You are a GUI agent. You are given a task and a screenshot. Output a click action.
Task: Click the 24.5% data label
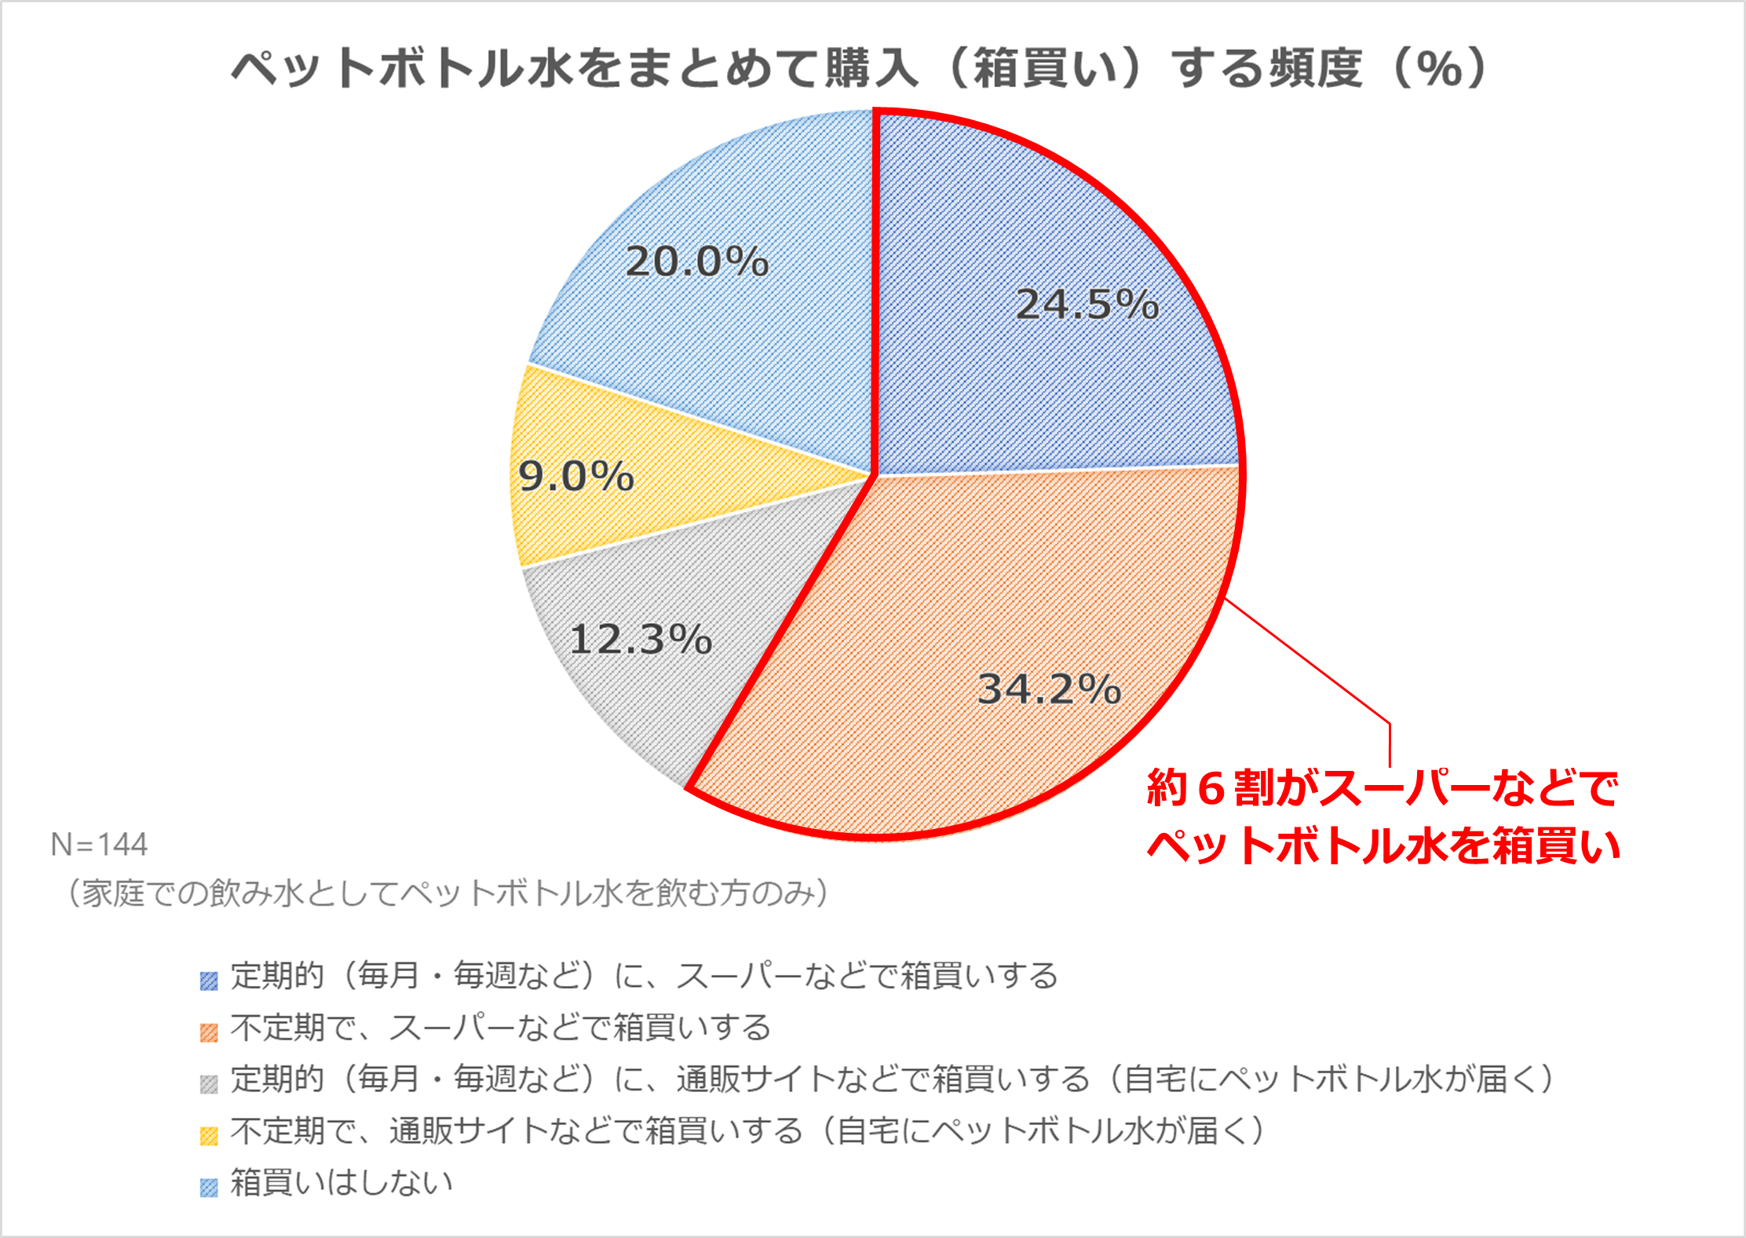click(1087, 304)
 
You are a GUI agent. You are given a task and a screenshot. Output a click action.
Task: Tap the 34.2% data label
click(1049, 688)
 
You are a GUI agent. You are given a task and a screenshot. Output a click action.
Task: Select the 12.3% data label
click(641, 638)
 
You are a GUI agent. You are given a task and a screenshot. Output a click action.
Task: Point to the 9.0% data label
click(576, 476)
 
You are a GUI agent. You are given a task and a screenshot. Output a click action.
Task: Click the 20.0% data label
click(697, 261)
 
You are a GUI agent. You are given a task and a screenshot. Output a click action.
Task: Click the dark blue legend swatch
click(209, 981)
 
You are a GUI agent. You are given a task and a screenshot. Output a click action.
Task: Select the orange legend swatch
click(209, 1032)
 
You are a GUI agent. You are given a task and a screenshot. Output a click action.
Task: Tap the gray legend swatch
click(209, 1084)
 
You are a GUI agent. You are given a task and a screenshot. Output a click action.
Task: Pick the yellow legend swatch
click(209, 1136)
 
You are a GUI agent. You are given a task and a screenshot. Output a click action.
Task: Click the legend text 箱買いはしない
click(342, 1182)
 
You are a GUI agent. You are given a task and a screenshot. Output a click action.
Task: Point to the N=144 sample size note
click(99, 845)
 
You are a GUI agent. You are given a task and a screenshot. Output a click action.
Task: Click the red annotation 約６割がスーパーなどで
click(1382, 787)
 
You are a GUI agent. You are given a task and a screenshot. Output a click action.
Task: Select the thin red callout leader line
click(1311, 663)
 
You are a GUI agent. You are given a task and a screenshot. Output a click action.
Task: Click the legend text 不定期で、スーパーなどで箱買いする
click(501, 1028)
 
